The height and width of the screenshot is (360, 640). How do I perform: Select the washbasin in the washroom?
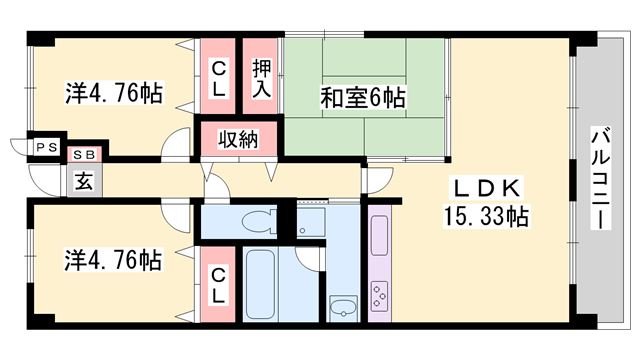(342, 306)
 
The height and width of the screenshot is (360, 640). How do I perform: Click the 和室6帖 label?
(362, 98)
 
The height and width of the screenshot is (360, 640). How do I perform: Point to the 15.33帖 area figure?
(488, 215)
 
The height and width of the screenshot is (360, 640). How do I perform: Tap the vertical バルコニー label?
(600, 179)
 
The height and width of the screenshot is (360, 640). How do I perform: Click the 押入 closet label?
(261, 79)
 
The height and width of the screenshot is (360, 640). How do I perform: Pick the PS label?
(45, 148)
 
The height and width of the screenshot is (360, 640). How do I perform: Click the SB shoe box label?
(83, 154)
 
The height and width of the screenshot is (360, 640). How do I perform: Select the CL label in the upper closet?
(218, 79)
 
